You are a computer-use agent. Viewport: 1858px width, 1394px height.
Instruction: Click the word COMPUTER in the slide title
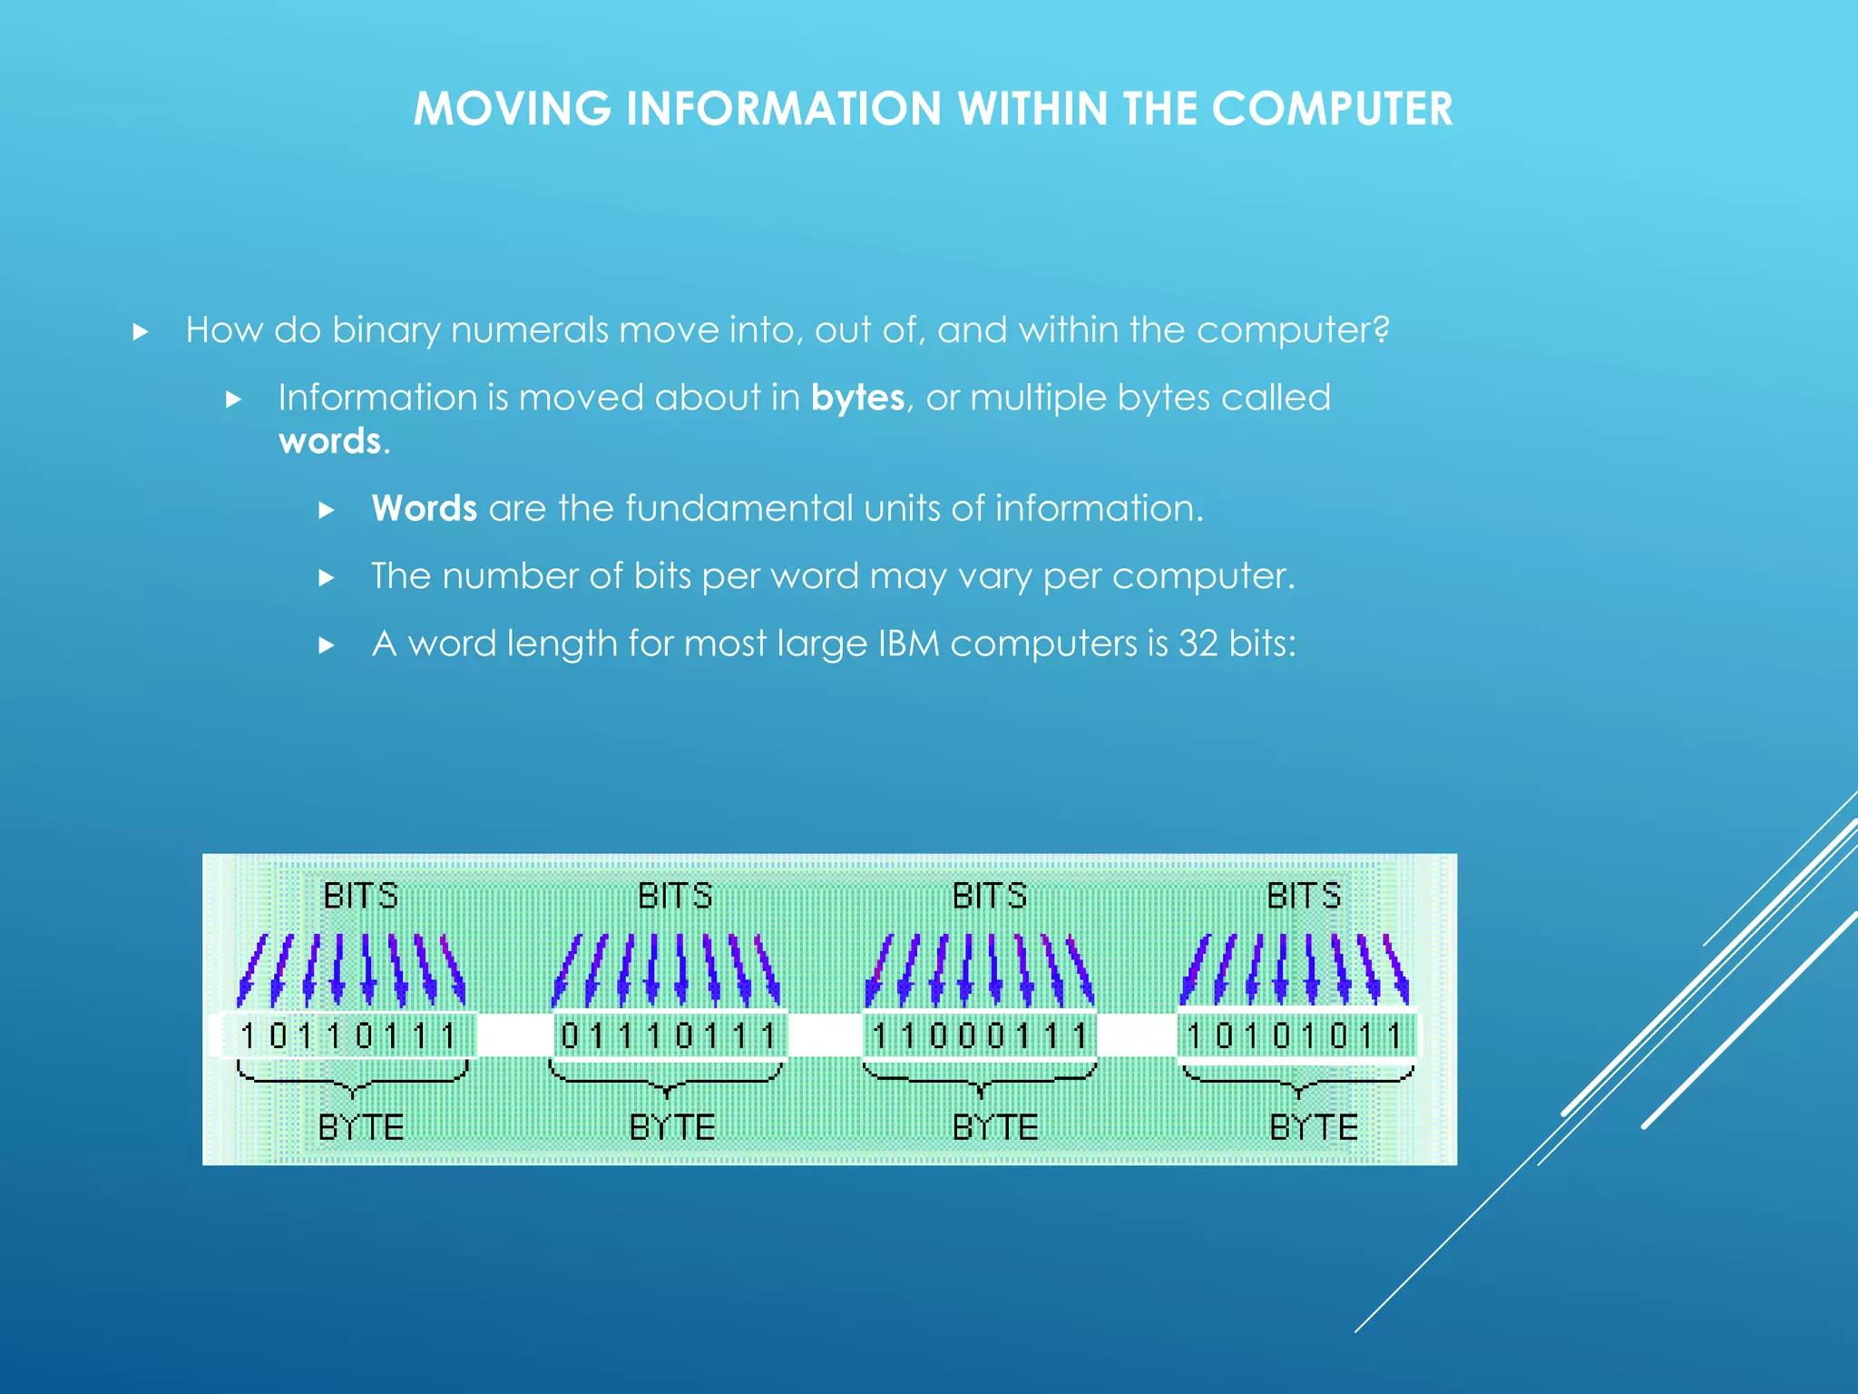tap(1332, 110)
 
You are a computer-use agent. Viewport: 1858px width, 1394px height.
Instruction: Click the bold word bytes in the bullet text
tap(857, 398)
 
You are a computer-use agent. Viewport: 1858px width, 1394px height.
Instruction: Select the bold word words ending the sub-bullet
tap(330, 442)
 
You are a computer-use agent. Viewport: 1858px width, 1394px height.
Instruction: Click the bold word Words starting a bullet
tap(424, 509)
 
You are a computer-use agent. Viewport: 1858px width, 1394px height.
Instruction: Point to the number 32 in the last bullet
tap(1198, 643)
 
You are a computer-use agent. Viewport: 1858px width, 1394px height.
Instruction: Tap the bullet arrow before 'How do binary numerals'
tap(141, 332)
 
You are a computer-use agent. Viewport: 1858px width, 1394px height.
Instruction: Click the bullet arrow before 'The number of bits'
tap(327, 578)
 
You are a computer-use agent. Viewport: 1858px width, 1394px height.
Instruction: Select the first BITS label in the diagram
tap(360, 896)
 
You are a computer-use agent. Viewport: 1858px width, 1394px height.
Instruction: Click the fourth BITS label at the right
tap(1304, 896)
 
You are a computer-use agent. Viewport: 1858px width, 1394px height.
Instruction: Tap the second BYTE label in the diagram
tap(672, 1127)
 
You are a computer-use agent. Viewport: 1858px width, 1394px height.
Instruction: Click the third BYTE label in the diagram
tap(994, 1127)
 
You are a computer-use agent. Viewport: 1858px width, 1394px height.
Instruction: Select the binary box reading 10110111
tap(347, 1036)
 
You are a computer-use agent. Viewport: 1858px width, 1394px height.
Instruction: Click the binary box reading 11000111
tap(979, 1036)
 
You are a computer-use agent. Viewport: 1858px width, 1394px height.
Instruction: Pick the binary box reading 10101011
tap(1296, 1036)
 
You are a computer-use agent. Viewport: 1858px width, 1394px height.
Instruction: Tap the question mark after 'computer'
tap(1381, 329)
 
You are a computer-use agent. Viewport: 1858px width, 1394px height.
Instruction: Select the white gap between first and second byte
tap(514, 1036)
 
